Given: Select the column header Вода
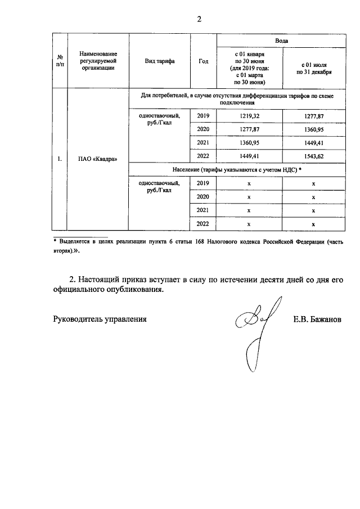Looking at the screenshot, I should click(282, 41).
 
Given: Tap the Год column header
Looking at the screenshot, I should click(203, 61).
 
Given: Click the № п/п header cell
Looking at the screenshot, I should click(59, 61).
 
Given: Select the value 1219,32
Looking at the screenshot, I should click(249, 116).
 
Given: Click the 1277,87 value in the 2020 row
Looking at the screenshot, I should click(249, 129).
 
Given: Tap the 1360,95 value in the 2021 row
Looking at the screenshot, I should click(249, 142).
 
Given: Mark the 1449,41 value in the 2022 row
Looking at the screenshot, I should click(249, 156).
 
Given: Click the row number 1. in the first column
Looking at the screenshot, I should click(59, 159).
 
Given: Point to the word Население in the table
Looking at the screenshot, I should click(187, 169).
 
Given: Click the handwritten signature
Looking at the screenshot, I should click(256, 332).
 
